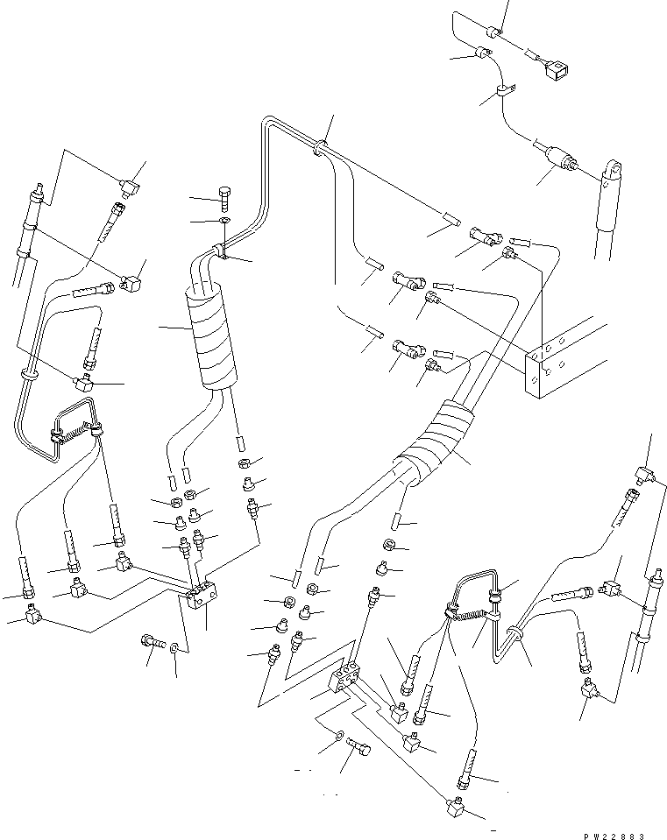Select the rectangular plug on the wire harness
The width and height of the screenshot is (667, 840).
(555, 69)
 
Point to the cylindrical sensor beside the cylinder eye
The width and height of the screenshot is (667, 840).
(558, 160)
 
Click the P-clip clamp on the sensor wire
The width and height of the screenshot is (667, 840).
(504, 89)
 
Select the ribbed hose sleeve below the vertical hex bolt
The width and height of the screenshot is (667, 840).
(209, 338)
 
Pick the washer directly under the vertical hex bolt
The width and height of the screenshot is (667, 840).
(223, 222)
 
